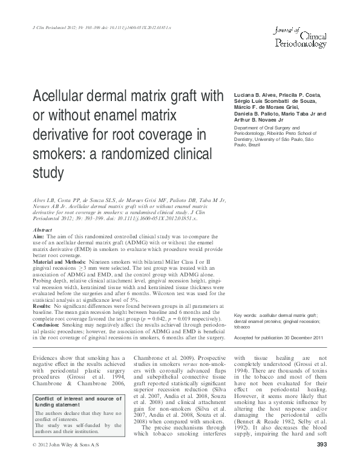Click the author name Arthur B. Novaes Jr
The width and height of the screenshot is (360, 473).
tap(261, 120)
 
